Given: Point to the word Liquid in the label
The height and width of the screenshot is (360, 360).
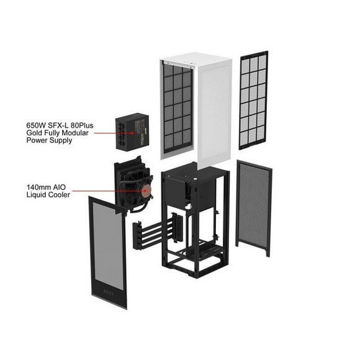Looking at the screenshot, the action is coord(36,195).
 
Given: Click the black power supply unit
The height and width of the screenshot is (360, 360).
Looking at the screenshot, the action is coord(132,132).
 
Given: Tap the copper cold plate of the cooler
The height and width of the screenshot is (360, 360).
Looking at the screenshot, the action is coord(145,191).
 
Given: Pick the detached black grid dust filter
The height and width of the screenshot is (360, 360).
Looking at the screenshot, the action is coord(253,101).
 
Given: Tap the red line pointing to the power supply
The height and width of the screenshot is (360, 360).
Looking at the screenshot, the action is coord(114,133).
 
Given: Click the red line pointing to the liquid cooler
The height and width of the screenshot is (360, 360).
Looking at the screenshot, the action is coord(109,191).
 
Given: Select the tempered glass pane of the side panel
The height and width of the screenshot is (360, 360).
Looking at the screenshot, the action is coord(107,245).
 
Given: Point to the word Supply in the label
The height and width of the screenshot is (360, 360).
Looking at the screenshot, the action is coord(61,140).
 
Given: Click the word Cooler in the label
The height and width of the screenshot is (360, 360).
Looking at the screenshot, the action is coord(59,195).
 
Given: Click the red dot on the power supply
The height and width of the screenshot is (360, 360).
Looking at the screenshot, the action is coord(132,133).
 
